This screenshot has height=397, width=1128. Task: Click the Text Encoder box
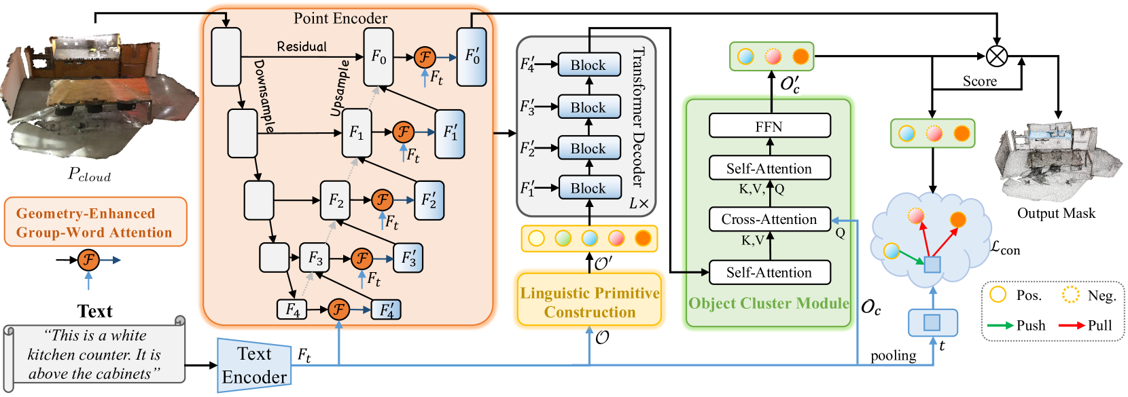254,365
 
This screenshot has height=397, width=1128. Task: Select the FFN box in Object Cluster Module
769,126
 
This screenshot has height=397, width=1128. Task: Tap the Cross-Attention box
769,219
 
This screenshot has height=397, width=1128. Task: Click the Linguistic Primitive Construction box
589,302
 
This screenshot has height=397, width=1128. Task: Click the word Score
979,81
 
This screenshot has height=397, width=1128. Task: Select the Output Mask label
1056,213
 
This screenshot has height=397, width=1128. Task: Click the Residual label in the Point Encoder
302,46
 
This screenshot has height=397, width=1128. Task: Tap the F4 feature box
292,309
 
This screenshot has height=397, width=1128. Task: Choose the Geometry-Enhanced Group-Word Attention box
95,223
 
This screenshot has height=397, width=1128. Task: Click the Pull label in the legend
1099,325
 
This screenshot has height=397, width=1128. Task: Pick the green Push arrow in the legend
1000,325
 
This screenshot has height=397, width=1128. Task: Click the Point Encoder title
340,18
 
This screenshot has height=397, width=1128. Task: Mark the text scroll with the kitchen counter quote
94,354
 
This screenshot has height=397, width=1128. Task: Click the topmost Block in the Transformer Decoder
588,65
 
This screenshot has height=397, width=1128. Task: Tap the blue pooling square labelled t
932,322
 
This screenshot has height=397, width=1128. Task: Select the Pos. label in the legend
1029,295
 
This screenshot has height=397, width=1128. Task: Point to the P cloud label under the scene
89,174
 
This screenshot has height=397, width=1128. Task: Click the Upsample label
340,88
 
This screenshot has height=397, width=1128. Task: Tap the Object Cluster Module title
769,303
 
